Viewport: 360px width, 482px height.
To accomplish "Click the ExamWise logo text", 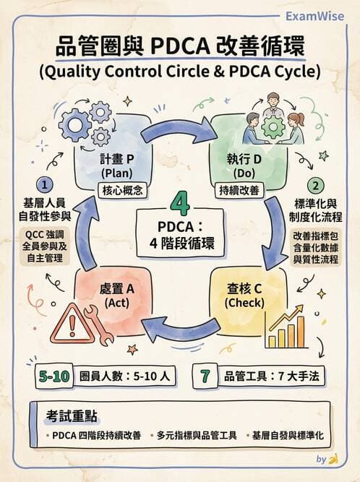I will pos(316,17).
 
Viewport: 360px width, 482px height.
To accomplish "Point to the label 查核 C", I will pos(245,289).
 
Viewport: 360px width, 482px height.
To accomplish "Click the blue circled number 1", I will pos(46,185).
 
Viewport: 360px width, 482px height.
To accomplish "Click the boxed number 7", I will pos(205,376).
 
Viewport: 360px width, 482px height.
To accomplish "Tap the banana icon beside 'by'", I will pos(333,459).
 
